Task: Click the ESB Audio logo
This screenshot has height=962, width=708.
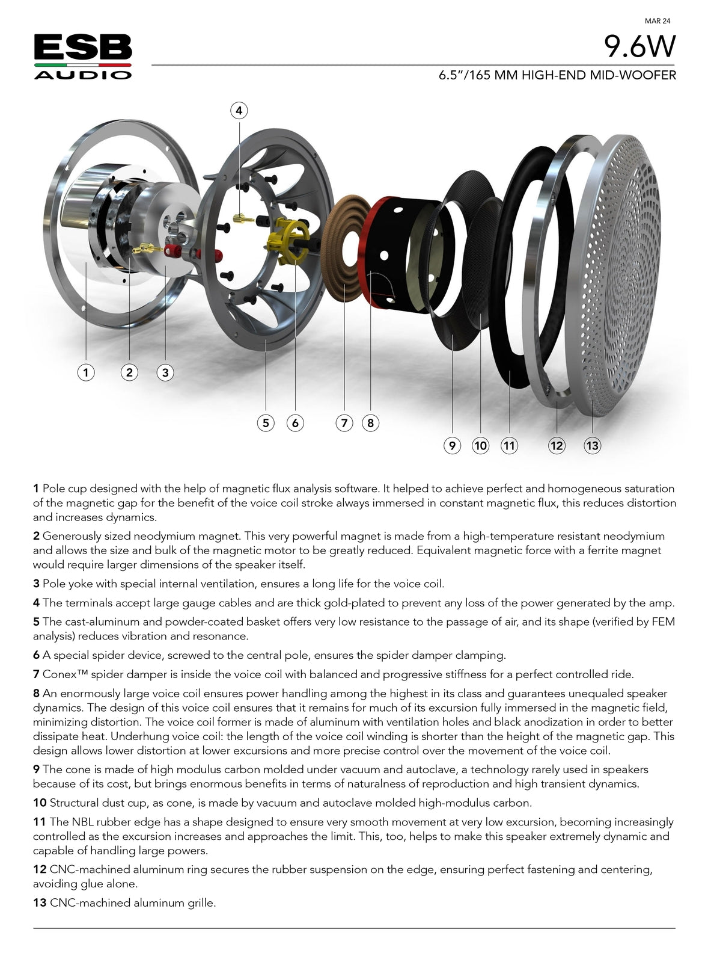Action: pos(83,57)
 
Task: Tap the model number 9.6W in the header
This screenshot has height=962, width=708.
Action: pos(639,46)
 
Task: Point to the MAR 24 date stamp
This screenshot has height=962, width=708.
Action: pos(658,20)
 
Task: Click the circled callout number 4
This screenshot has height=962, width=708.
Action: pos(239,111)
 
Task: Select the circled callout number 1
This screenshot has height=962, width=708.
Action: pos(86,372)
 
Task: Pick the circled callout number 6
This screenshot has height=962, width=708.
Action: pos(295,423)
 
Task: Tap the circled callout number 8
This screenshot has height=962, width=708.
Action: pos(370,423)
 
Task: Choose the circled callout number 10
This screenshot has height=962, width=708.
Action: pos(481,445)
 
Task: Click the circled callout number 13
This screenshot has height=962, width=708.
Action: pos(592,445)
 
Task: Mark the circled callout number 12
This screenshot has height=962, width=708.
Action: pos(557,445)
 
